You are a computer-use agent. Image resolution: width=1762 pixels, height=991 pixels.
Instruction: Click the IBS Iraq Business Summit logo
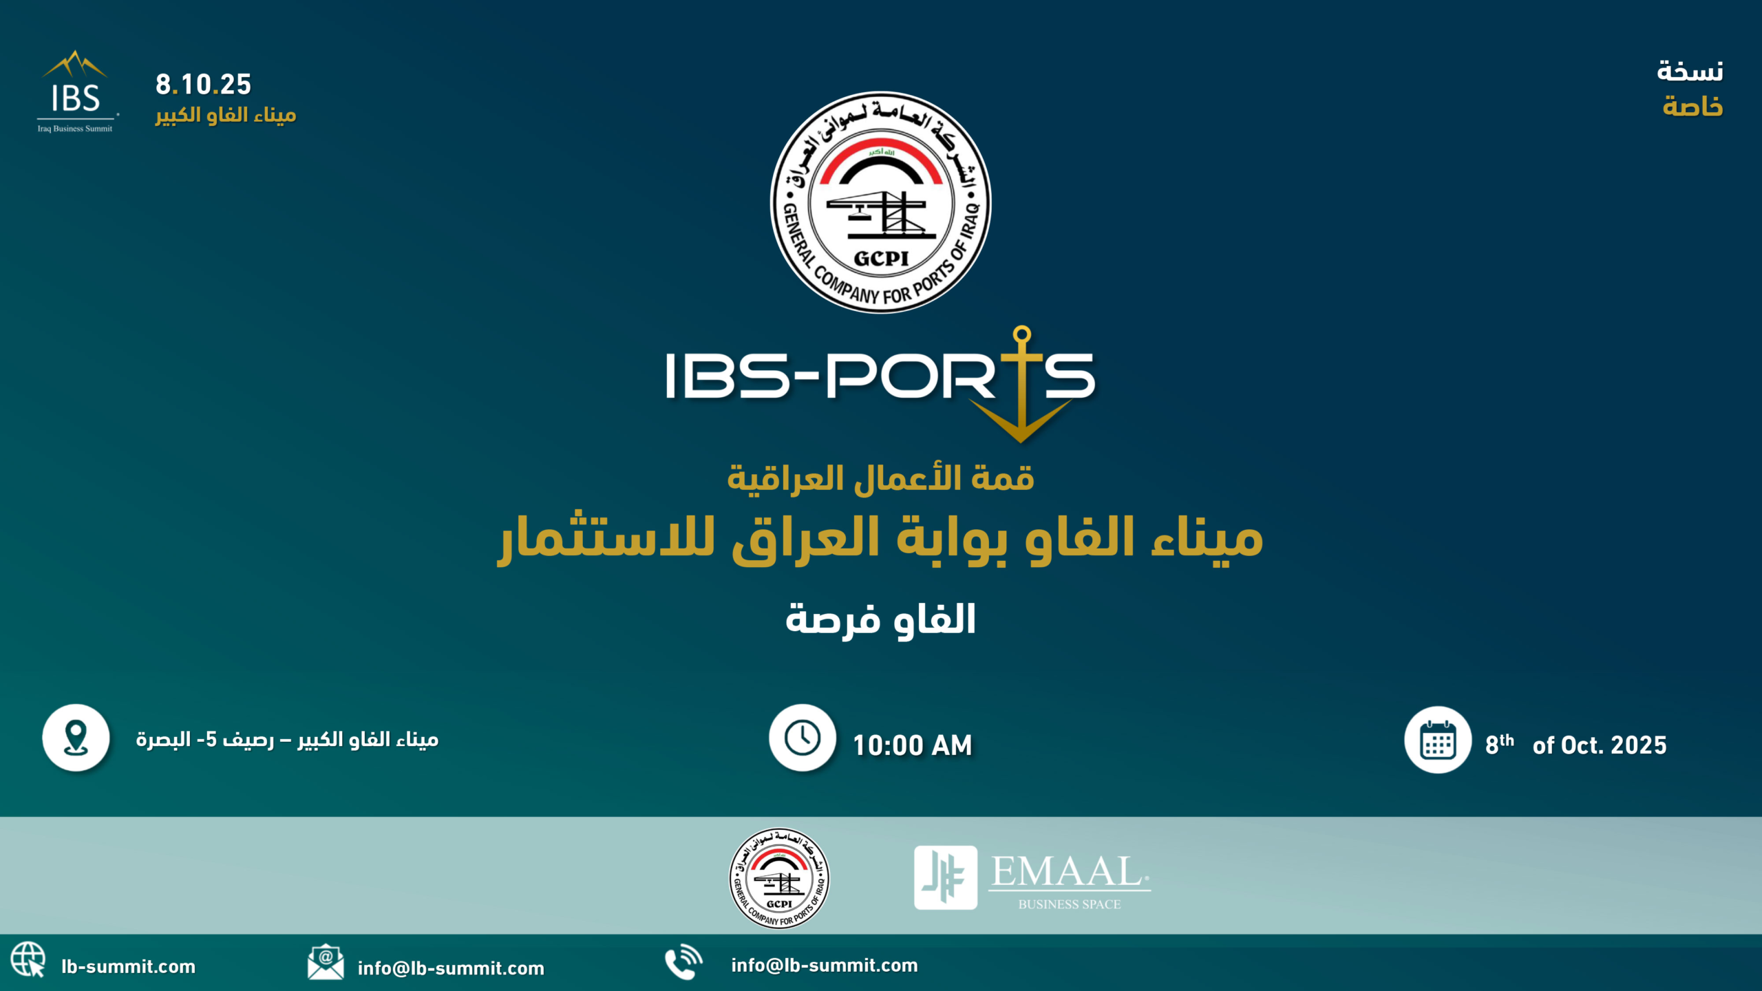point(76,91)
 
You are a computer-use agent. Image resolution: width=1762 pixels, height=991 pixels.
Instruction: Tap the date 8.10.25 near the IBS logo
point(203,85)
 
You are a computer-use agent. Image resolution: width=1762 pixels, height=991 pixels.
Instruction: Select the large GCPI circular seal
point(881,202)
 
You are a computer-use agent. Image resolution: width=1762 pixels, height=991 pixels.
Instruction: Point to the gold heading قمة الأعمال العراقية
point(881,478)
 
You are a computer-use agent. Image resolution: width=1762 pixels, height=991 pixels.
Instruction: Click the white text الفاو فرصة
point(881,620)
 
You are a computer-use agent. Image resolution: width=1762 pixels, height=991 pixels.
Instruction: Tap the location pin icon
point(76,738)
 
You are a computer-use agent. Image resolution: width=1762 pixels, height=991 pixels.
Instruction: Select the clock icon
point(803,738)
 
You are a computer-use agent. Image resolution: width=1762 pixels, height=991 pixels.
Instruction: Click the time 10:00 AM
point(913,745)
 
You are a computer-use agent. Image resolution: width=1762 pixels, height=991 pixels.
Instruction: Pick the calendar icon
point(1438,740)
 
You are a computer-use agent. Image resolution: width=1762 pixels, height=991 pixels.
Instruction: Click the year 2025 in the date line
point(1639,745)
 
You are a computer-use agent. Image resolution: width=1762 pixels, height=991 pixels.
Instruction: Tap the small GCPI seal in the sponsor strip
point(779,878)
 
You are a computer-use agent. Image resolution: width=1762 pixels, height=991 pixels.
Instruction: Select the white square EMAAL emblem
point(946,877)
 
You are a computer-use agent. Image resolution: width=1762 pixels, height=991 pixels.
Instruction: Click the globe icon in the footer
point(28,959)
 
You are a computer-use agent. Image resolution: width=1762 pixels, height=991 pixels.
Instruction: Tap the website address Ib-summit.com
point(129,967)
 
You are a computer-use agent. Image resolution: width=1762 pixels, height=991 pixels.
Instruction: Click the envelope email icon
point(326,961)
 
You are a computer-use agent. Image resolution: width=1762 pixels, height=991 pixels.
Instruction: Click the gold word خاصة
point(1692,107)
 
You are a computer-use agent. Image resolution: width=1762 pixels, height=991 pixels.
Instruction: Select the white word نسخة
point(1690,71)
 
